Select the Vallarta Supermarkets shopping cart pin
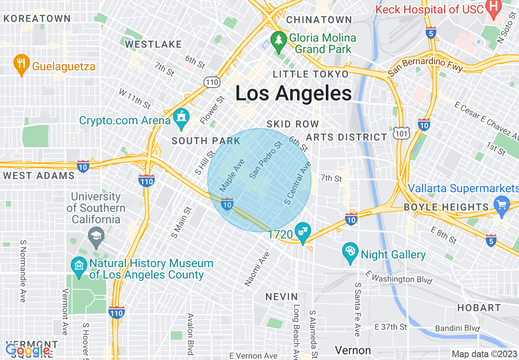click(x=501, y=203)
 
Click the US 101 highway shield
click(x=399, y=133)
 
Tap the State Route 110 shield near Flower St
click(x=212, y=82)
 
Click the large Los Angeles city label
click(x=293, y=93)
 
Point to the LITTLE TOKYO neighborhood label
click(x=311, y=74)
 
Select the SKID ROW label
click(x=292, y=124)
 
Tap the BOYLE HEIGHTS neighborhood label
click(x=446, y=207)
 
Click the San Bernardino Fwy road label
click(x=426, y=65)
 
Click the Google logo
click(x=28, y=351)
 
